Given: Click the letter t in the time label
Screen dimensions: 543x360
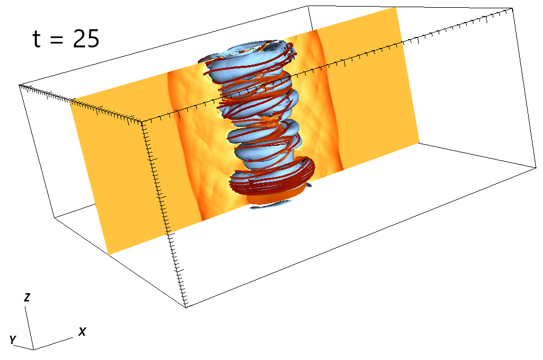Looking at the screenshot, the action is point(36,39).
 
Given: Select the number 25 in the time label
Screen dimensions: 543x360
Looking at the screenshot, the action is point(86,39).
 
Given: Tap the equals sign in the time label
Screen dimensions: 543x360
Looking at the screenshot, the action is point(57,39).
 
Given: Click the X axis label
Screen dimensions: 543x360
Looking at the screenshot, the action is point(82,332).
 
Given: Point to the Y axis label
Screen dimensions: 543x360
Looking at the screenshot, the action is point(13,340).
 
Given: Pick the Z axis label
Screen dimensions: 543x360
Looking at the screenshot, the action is point(27,298).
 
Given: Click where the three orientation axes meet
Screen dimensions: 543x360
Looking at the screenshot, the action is point(34,350).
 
